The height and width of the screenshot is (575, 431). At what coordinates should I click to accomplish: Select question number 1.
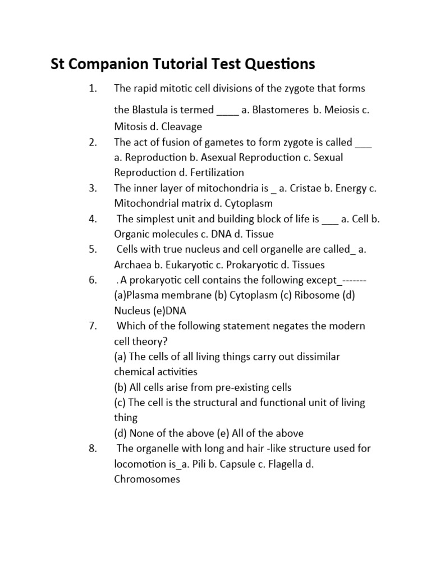(93, 88)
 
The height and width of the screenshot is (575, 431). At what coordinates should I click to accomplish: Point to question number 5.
(93, 249)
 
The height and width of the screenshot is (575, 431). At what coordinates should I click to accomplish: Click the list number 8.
(93, 448)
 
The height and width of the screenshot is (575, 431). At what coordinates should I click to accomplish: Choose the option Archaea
(134, 264)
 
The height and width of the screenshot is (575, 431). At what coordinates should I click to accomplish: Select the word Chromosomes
(147, 479)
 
